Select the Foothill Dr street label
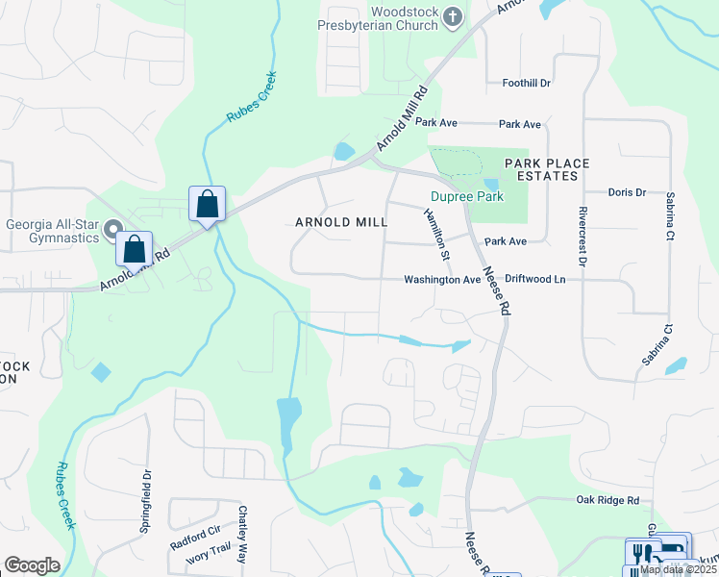coord(526,84)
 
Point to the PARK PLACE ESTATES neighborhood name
coord(547,169)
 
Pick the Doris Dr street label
coord(627,192)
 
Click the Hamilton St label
coord(436,236)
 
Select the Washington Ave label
coord(441,280)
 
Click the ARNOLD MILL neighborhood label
coord(341,222)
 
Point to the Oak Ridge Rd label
coord(607,500)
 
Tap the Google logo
coord(32,564)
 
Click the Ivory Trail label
coord(209,555)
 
